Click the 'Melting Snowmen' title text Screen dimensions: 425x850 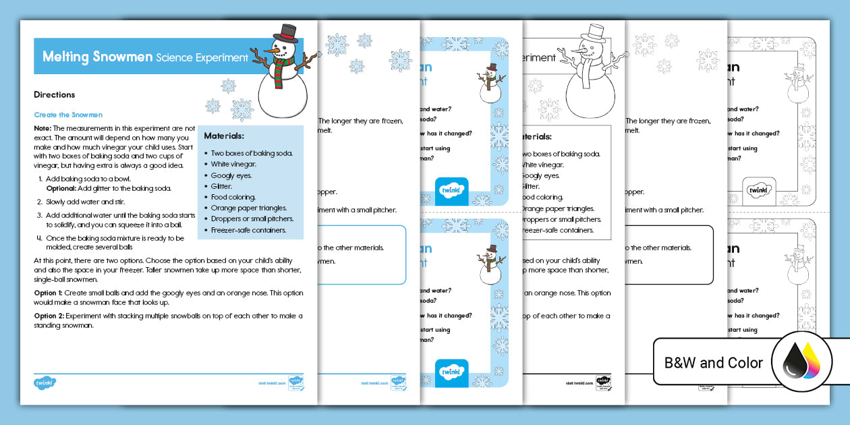coord(97,57)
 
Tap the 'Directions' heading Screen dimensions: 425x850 coord(54,95)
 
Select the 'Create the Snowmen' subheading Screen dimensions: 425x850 coord(68,115)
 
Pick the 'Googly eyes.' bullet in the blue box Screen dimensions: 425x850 coord(232,175)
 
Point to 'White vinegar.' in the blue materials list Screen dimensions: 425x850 coord(233,164)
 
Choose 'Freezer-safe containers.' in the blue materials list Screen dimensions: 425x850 coord(248,230)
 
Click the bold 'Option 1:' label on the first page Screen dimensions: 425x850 coord(49,293)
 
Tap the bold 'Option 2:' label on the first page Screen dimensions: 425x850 coord(49,316)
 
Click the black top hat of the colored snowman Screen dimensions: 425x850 coord(289,32)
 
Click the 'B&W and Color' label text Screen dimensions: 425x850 coord(714,363)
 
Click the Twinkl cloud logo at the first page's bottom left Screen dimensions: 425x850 coord(45,382)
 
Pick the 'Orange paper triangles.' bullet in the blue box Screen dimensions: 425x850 coord(248,208)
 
